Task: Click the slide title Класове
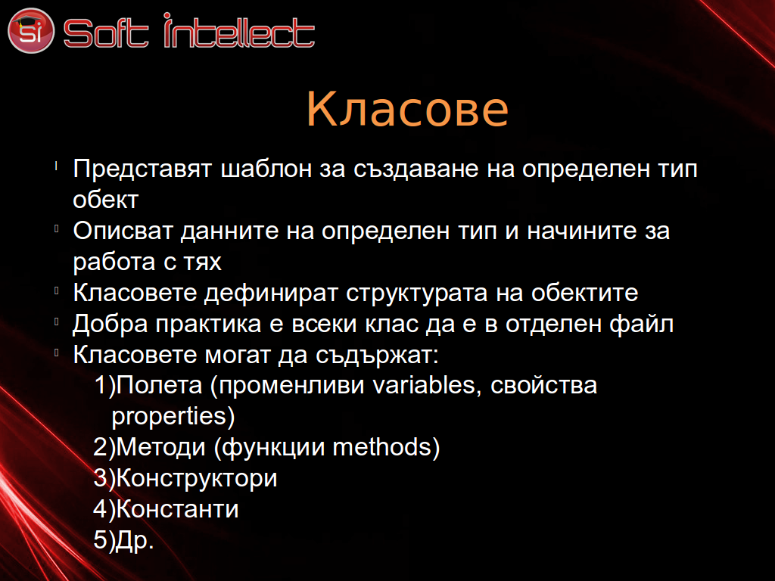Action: click(x=407, y=109)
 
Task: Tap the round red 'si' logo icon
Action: click(x=30, y=30)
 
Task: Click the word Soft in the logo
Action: click(x=106, y=33)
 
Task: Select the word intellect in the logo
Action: click(x=239, y=30)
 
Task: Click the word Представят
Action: click(x=142, y=169)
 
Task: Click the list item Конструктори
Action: click(x=197, y=479)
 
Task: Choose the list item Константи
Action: click(x=177, y=509)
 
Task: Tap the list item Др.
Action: click(x=135, y=540)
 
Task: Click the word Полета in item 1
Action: click(x=159, y=385)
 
